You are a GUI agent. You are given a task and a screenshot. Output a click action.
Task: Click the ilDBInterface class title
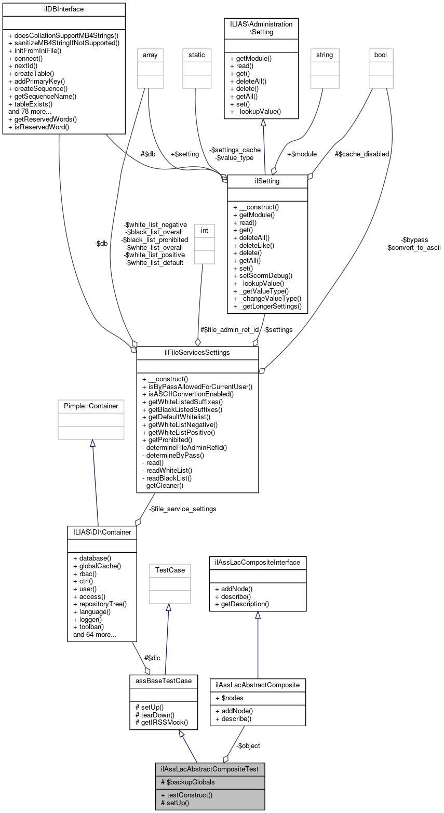click(x=64, y=9)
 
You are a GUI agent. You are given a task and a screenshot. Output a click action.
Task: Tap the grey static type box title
click(x=197, y=55)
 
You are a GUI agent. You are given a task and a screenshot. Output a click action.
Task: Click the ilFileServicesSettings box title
click(x=197, y=353)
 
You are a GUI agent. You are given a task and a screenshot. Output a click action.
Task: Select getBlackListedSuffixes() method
click(x=182, y=409)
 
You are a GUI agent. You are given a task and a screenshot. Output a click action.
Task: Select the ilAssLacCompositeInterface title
click(x=258, y=563)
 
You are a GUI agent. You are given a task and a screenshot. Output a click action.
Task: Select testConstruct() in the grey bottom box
click(x=186, y=794)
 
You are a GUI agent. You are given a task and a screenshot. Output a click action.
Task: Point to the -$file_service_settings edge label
click(x=182, y=509)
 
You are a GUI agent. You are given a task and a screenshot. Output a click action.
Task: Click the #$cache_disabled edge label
click(x=362, y=154)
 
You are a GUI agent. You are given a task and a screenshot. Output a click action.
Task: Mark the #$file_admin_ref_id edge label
click(x=230, y=329)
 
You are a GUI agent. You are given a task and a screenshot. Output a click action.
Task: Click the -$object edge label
click(x=248, y=745)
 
